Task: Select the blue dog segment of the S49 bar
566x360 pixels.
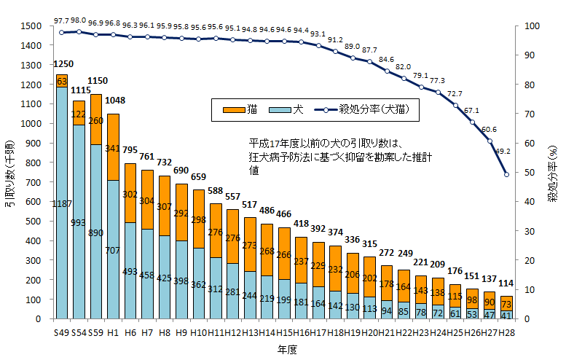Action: (62, 219)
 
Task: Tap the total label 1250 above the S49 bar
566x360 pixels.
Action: (63, 64)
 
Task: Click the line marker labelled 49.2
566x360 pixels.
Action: (506, 174)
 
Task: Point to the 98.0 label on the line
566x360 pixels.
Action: (79, 21)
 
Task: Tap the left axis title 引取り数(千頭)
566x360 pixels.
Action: (9, 172)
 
